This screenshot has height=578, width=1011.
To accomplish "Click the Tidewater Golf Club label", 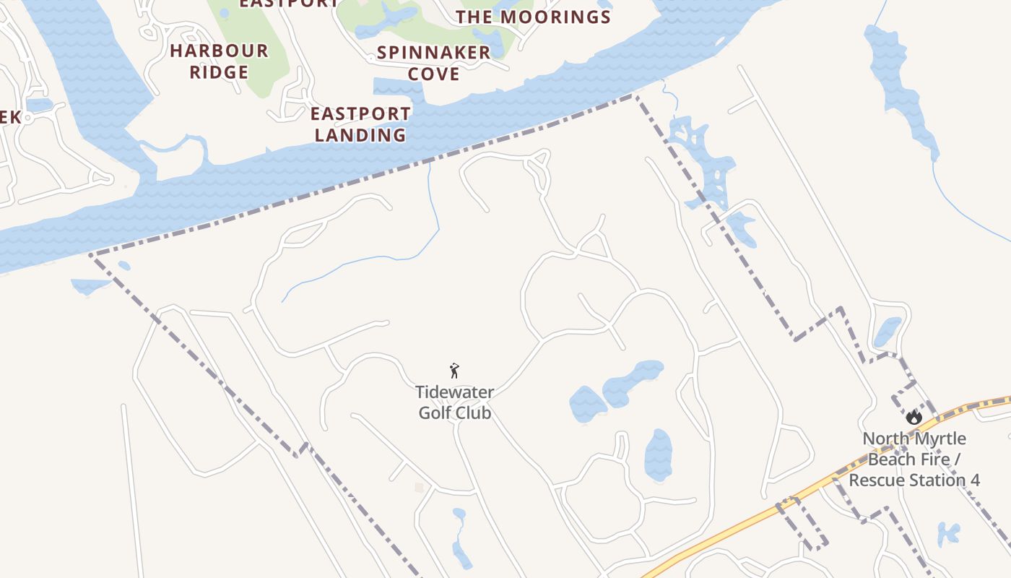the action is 455,402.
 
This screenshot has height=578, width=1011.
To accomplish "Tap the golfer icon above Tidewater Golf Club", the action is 454,371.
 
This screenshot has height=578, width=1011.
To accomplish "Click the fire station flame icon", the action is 914,417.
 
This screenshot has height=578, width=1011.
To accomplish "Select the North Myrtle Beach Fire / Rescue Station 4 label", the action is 914,459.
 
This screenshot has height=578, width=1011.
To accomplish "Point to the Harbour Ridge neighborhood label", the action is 219,61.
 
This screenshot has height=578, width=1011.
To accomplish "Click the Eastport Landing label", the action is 360,124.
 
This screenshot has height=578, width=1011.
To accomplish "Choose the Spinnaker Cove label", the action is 433,63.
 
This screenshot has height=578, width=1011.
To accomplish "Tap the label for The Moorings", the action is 533,17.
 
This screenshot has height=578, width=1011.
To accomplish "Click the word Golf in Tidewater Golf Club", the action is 436,413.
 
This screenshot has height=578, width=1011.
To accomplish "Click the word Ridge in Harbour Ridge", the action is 219,72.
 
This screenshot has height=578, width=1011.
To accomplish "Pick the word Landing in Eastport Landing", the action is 360,135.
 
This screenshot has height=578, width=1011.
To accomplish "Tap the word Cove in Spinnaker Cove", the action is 433,74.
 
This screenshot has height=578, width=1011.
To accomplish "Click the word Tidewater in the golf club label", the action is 455,392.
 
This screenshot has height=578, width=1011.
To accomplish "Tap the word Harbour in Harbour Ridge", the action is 219,51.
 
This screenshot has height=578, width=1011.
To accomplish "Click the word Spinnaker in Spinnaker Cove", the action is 433,53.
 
